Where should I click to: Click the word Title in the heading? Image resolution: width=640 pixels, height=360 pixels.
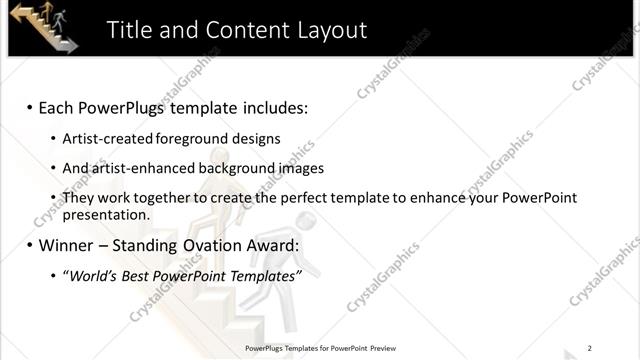coord(134,30)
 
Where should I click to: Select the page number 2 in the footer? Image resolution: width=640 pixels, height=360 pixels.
coord(590,348)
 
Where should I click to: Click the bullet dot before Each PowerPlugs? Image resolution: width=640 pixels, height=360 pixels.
coord(30,107)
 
